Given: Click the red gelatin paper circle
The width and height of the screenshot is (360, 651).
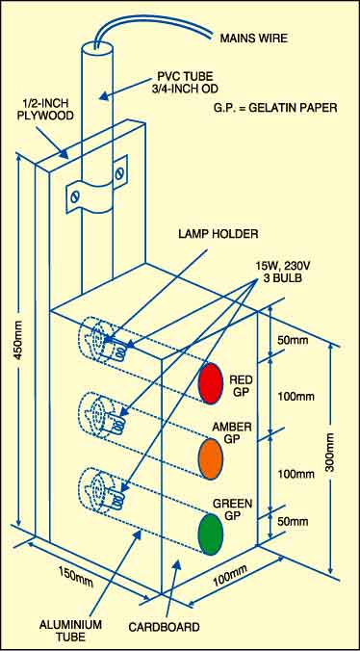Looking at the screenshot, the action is point(211,382).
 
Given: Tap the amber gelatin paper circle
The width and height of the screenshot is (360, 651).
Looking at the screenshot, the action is point(211,458).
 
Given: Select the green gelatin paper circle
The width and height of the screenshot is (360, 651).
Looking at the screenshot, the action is point(211,534).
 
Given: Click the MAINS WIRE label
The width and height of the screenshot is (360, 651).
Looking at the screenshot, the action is point(254,39).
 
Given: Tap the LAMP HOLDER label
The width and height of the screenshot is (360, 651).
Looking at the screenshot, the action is point(219,234).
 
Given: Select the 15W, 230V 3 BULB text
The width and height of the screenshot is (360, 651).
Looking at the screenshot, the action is point(278,273).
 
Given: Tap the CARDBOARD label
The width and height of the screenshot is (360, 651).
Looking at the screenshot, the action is point(164,627).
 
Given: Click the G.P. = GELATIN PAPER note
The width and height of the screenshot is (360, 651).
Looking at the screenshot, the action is point(276,108).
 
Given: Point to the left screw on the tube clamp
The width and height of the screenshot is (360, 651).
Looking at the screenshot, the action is point(75,196).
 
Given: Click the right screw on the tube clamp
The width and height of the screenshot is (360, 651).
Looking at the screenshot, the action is point(119,170).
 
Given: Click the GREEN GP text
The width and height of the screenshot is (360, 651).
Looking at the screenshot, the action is point(232,509).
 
